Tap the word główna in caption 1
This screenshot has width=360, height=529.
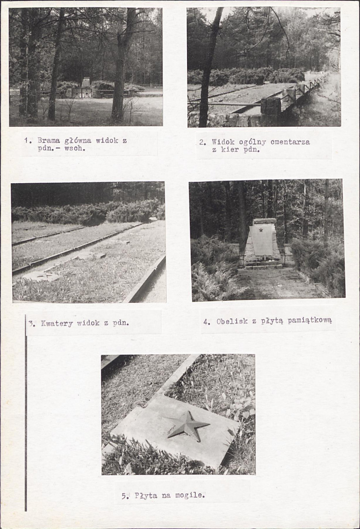click(78, 140)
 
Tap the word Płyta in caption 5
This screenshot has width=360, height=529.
click(146, 495)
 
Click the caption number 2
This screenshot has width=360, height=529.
click(202, 142)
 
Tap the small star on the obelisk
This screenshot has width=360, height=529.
click(261, 230)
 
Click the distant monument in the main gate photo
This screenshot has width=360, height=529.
click(86, 83)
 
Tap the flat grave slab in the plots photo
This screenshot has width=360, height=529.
click(41, 276)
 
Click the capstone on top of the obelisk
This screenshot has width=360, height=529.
click(264, 221)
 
